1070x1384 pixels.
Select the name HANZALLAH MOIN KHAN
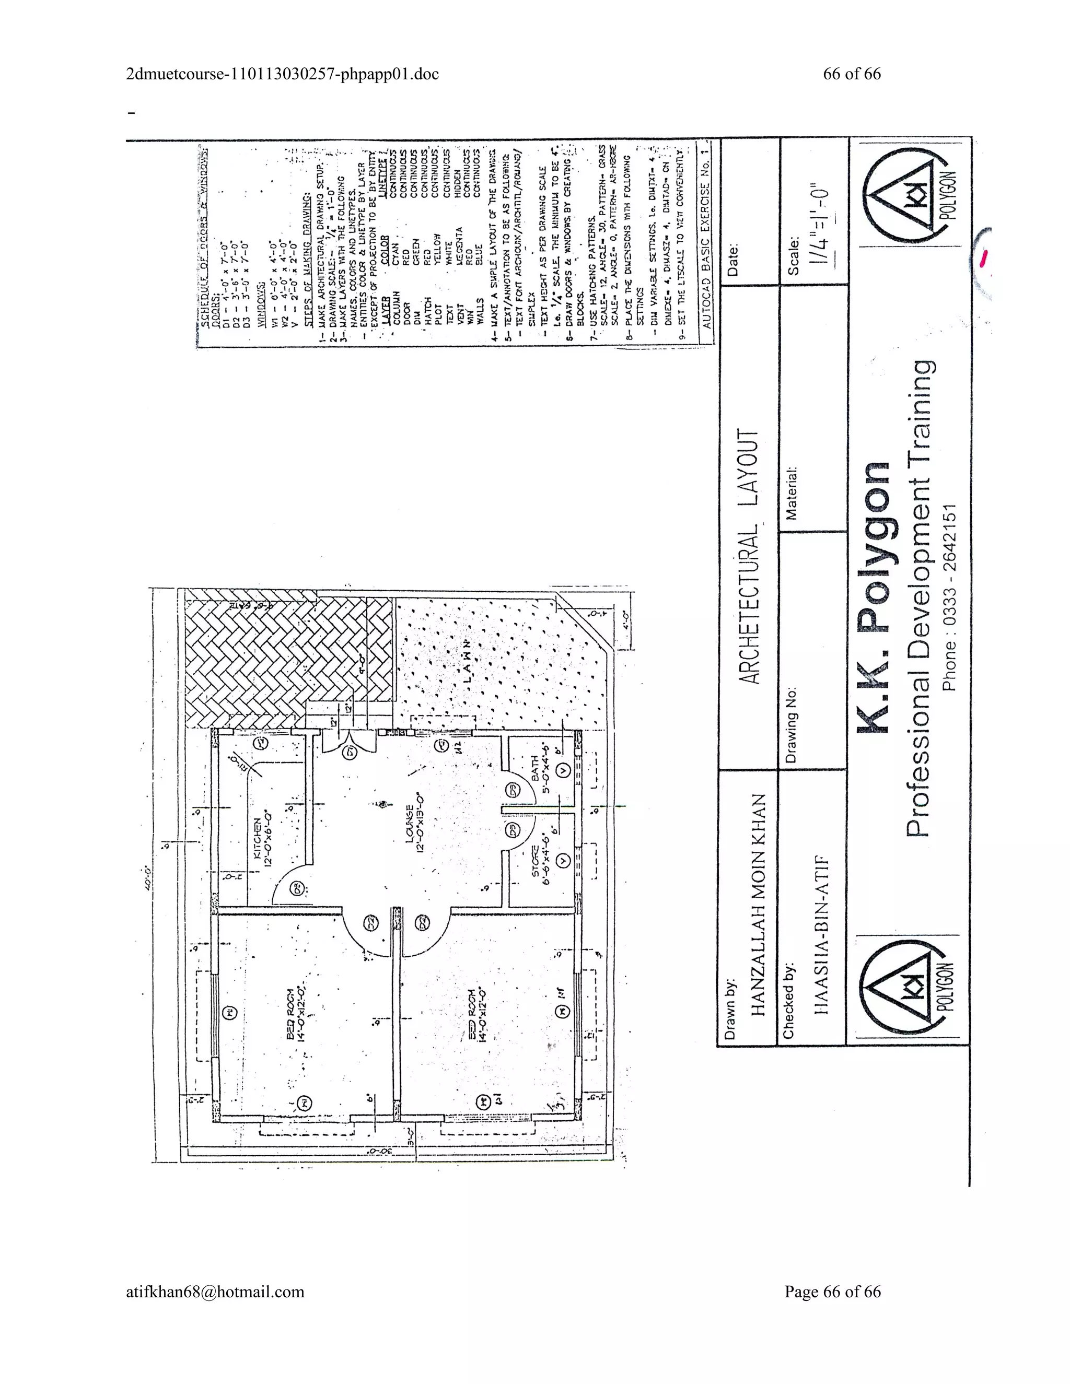(x=759, y=905)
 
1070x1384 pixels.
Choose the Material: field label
(x=792, y=494)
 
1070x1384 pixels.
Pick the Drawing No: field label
(x=792, y=724)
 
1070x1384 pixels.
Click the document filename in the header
(x=283, y=74)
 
